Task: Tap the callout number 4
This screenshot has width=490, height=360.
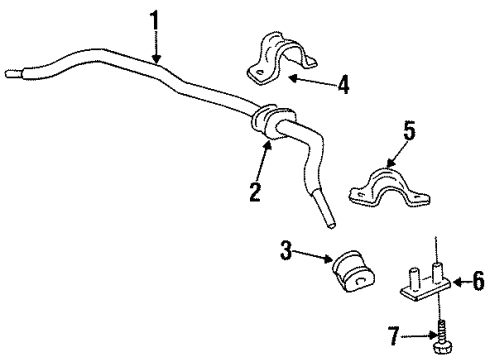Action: pyautogui.click(x=343, y=85)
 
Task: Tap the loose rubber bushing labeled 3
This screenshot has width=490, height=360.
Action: pyautogui.click(x=350, y=276)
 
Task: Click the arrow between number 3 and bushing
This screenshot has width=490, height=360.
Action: pyautogui.click(x=315, y=259)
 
